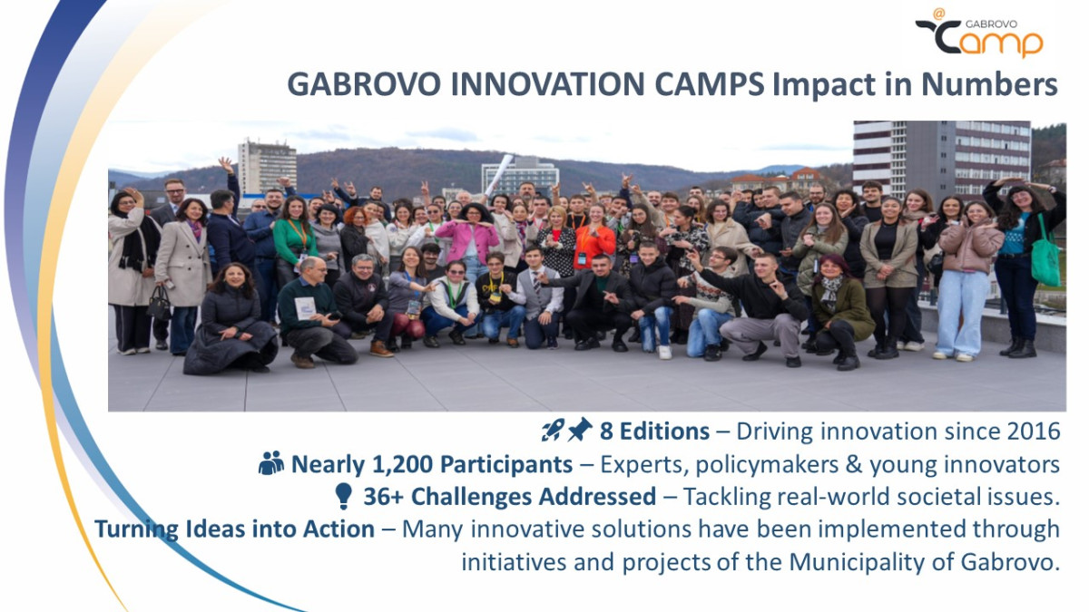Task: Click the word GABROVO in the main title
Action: click(x=364, y=84)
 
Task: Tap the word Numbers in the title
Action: click(x=989, y=84)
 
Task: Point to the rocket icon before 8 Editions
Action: click(x=553, y=430)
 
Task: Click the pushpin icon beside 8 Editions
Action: click(x=580, y=430)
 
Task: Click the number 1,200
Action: click(x=402, y=464)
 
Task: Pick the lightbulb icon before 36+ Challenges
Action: click(x=343, y=496)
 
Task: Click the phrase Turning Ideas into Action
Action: click(x=234, y=529)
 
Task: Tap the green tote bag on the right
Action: click(x=1045, y=255)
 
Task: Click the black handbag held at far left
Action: click(x=159, y=303)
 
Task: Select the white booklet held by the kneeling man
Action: click(x=305, y=308)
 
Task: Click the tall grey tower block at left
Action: click(x=267, y=167)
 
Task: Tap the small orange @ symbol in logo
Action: click(x=939, y=15)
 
